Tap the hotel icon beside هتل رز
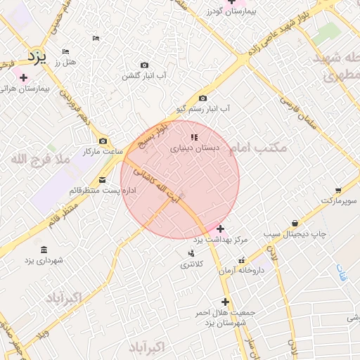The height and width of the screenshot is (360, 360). (x=66, y=52)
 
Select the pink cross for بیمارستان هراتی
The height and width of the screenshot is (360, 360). (x=24, y=77)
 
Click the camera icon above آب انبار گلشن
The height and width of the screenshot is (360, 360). (x=144, y=65)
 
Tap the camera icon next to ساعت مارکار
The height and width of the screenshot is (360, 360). (x=103, y=141)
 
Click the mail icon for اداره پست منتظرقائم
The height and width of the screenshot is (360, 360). (x=103, y=180)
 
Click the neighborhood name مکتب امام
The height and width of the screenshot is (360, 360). (x=259, y=148)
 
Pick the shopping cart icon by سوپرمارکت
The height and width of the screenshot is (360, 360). (x=338, y=191)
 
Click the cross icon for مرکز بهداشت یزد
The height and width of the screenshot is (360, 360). (x=220, y=229)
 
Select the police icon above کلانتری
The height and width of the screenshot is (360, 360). (x=191, y=253)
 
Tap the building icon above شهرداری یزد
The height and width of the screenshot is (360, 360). (x=44, y=250)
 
